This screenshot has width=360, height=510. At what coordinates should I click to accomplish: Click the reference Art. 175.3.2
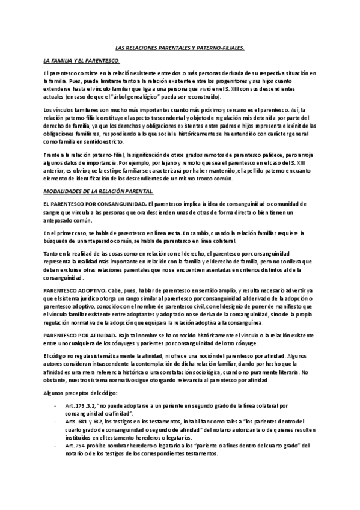pyautogui.click(x=82, y=406)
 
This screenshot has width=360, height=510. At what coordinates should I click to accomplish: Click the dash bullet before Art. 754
pyautogui.click(x=56, y=446)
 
